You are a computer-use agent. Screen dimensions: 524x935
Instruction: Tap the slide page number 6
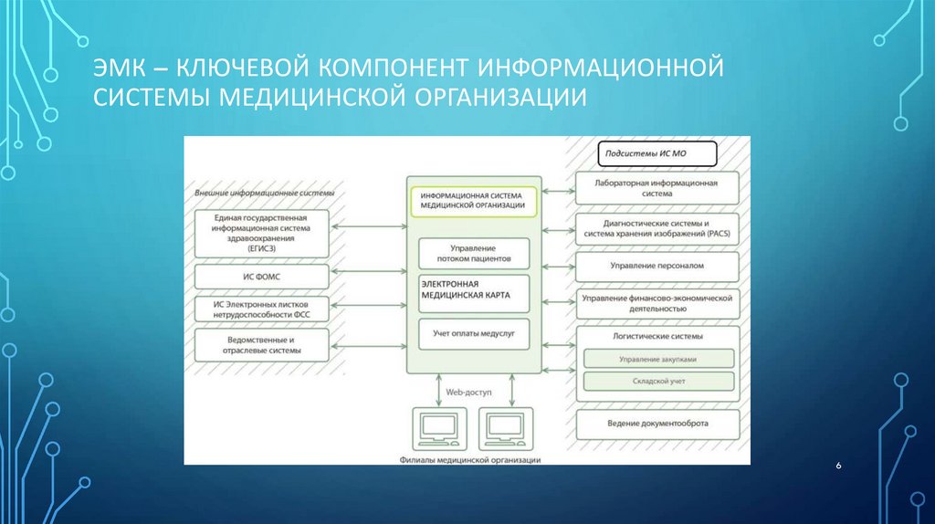point(838,466)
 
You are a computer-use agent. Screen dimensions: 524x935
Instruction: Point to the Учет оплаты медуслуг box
point(473,335)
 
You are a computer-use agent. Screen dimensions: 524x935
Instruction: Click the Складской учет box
point(657,380)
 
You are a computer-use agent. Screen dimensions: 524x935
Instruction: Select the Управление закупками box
point(657,359)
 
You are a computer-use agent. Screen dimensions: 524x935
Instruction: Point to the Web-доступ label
point(468,391)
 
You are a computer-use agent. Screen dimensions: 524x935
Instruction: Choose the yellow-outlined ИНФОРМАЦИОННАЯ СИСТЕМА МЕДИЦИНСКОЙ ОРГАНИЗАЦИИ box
point(473,201)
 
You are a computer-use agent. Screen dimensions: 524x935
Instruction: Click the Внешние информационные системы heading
point(265,194)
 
